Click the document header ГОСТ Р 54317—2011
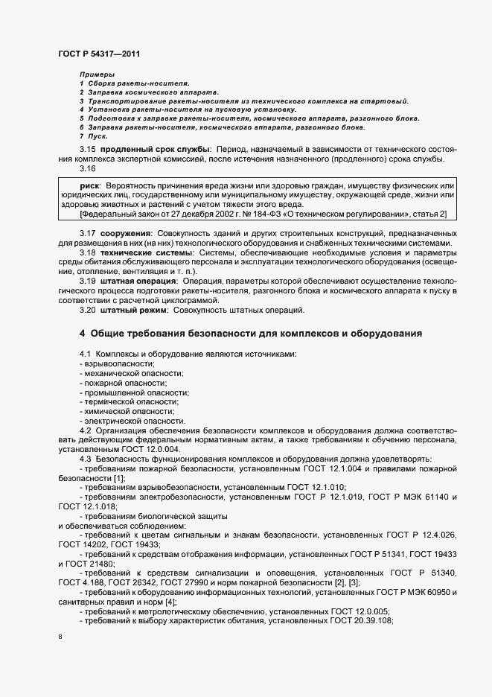pyautogui.click(x=98, y=54)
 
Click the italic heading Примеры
pyautogui.click(x=97, y=74)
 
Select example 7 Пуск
pyautogui.click(x=94, y=136)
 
